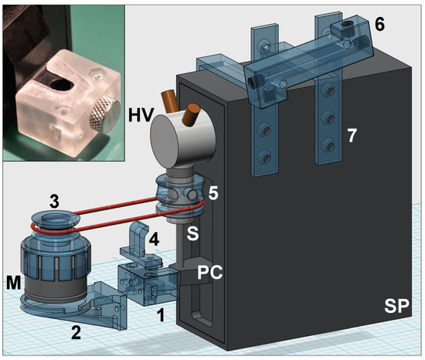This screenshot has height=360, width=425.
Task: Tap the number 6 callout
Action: (x=379, y=25)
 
